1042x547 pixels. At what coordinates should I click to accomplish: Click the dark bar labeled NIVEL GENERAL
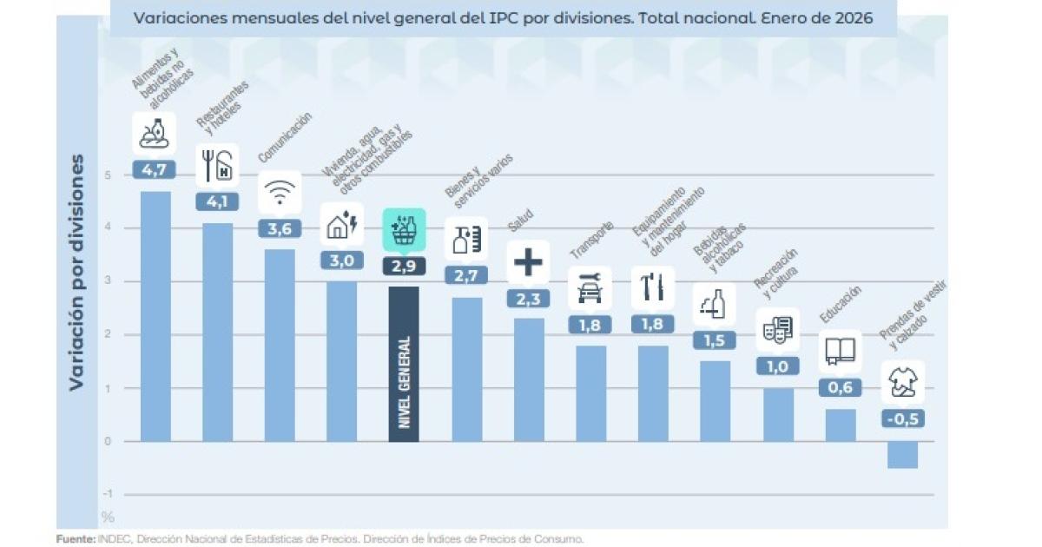(404, 365)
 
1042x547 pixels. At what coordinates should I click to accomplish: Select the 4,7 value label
(155, 169)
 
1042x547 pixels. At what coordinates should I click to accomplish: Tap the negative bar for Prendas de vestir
(902, 455)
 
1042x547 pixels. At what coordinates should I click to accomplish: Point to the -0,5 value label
(902, 419)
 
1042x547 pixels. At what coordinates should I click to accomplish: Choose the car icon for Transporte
(590, 288)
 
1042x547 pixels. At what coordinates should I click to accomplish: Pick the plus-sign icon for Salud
(528, 261)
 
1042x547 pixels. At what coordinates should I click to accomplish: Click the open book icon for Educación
(840, 351)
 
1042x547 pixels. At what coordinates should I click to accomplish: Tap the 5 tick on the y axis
(108, 175)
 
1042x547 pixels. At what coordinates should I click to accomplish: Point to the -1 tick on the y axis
(108, 495)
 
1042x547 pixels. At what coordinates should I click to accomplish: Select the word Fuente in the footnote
(75, 538)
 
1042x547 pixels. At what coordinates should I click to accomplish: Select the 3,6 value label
(280, 228)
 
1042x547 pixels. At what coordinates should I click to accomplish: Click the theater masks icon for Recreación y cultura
(777, 329)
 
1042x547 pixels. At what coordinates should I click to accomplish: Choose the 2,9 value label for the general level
(404, 266)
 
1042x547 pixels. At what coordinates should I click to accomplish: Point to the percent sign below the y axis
(108, 517)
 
